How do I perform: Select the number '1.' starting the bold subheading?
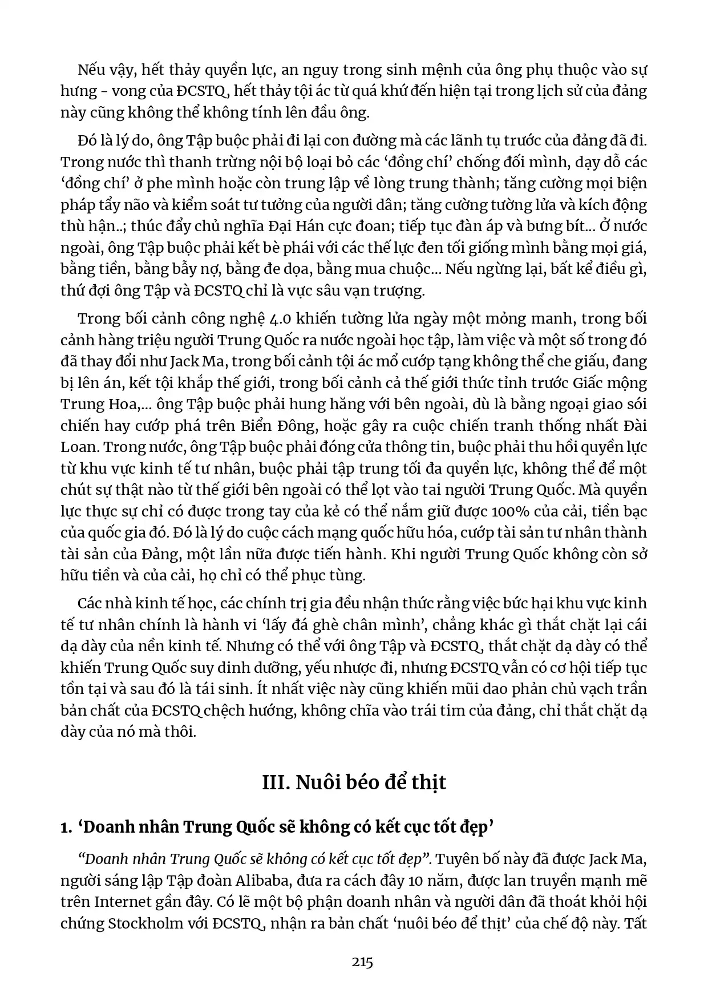pyautogui.click(x=66, y=827)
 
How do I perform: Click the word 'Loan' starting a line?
pyautogui.click(x=79, y=447)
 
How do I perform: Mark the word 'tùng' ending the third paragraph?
pyautogui.click(x=347, y=575)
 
